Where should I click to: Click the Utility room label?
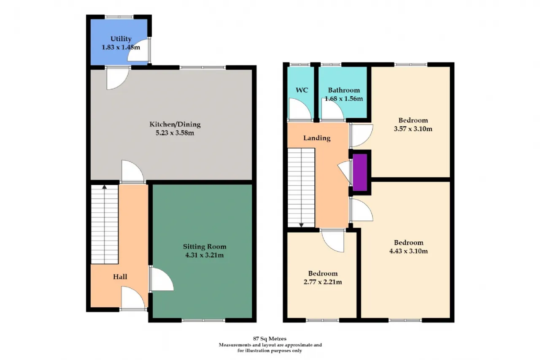(x=121, y=38)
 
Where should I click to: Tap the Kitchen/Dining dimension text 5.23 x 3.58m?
(x=175, y=133)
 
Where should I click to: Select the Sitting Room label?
(x=205, y=246)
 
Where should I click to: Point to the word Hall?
(x=120, y=276)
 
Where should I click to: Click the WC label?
(x=302, y=90)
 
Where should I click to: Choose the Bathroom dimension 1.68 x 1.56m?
(x=343, y=99)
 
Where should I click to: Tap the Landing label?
(x=317, y=138)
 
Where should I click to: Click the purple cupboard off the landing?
(x=360, y=173)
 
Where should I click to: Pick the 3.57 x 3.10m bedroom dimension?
(x=413, y=129)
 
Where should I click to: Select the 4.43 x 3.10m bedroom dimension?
(x=409, y=251)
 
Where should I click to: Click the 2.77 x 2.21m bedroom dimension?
(x=323, y=282)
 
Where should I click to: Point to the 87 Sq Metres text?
(x=270, y=338)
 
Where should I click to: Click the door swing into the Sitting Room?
(x=161, y=279)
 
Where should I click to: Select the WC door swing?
(x=300, y=109)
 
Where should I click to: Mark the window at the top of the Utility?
(x=119, y=17)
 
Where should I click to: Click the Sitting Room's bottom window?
(x=203, y=320)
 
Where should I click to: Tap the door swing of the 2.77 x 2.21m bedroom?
(x=332, y=241)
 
